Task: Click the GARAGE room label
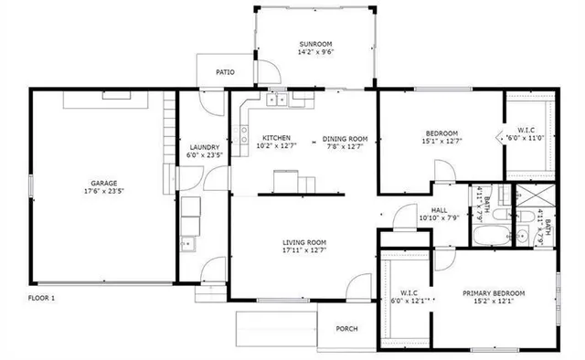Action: pos(102,183)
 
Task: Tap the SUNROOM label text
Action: pos(314,44)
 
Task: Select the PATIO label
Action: pos(225,72)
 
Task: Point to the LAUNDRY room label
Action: pos(203,146)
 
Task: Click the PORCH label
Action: pos(346,329)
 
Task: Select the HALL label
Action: pos(439,209)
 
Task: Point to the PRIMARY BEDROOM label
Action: pos(493,293)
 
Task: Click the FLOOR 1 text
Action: pos(41,298)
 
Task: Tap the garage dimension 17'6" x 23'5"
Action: pos(102,192)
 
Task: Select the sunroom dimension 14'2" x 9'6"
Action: pos(314,52)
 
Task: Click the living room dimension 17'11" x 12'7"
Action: pos(304,250)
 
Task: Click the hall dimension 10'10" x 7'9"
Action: pos(439,217)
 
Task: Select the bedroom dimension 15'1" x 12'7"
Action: pos(441,141)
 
